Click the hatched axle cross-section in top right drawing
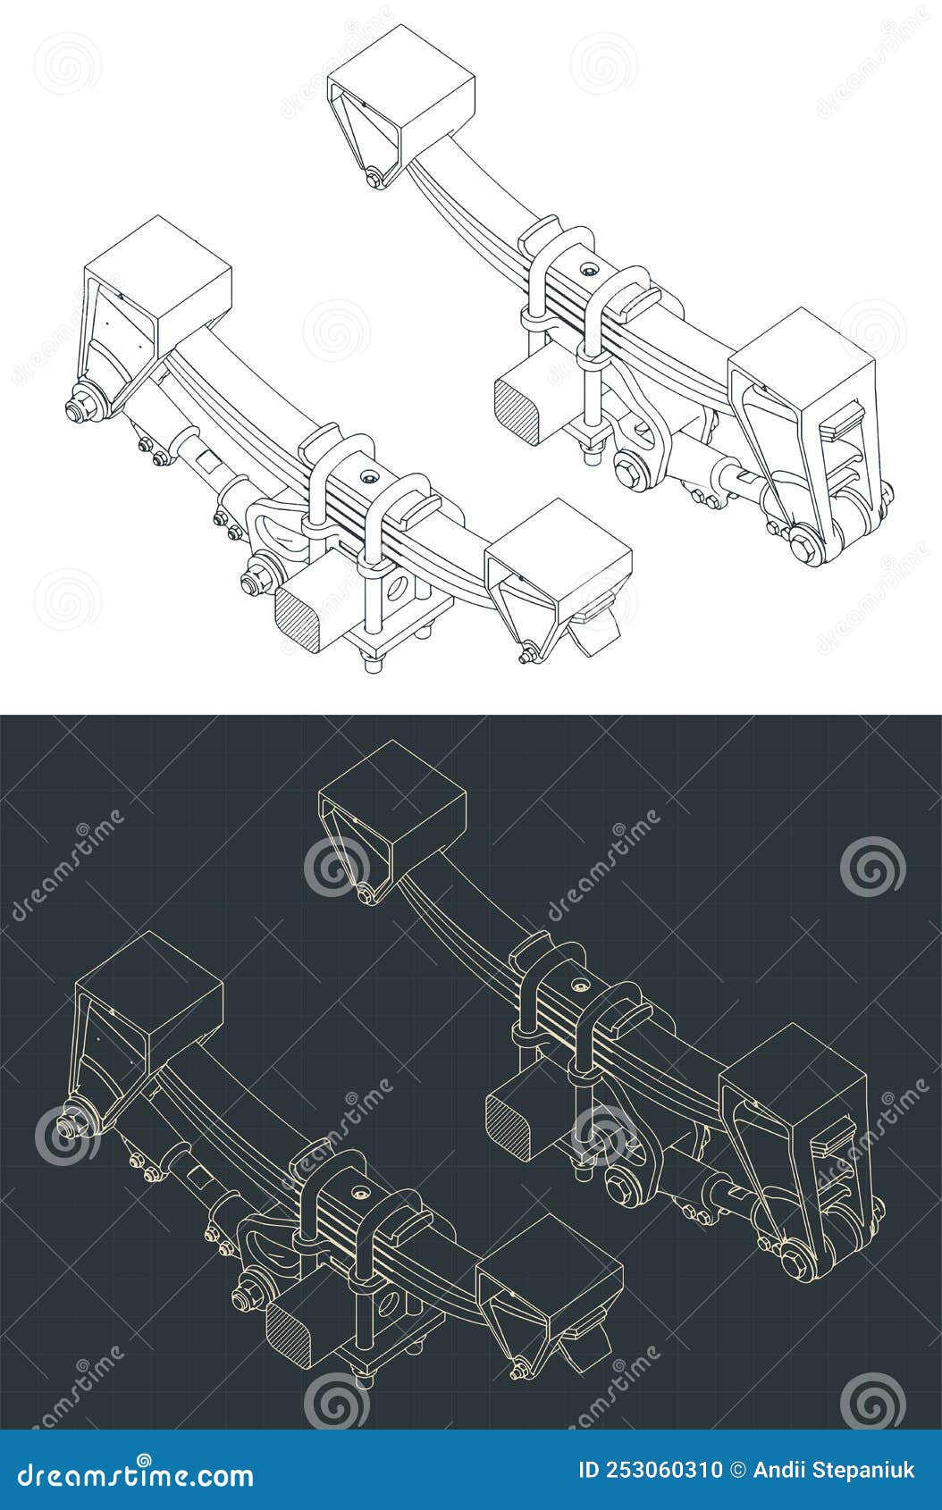tap(517, 410)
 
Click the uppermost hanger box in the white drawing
tap(402, 89)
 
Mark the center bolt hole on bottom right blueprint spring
tap(578, 985)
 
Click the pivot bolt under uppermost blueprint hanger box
tap(365, 895)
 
